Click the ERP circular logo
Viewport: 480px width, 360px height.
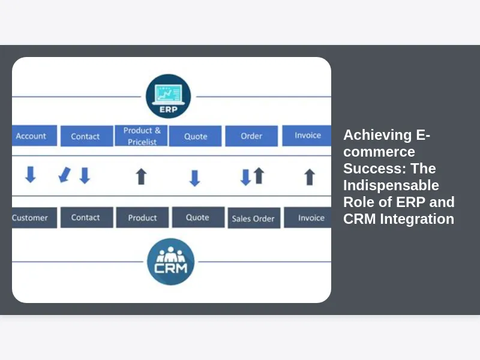point(168,96)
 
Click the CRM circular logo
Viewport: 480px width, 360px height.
point(171,262)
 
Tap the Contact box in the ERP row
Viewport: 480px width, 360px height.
point(86,136)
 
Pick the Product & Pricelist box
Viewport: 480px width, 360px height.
point(142,136)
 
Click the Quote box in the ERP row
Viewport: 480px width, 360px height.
point(196,136)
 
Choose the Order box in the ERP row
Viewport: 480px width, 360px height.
point(251,136)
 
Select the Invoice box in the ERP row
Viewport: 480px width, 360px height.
point(307,136)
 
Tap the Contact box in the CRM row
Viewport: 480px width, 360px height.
point(86,217)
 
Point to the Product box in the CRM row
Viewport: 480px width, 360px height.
point(142,218)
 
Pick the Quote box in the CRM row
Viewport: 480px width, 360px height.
point(197,217)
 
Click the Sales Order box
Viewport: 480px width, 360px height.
point(253,218)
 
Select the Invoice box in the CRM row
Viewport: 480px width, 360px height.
point(308,218)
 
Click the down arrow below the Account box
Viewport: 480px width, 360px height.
point(30,175)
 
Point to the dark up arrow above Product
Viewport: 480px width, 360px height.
point(141,176)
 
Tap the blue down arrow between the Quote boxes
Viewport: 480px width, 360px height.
point(194,178)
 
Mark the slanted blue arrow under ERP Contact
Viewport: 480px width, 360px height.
point(64,175)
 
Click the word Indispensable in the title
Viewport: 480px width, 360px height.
point(391,185)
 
